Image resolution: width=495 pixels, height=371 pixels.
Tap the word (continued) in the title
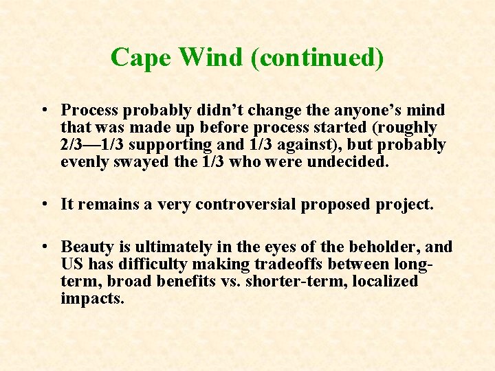click(317, 58)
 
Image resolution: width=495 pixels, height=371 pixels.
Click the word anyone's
click(372, 110)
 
